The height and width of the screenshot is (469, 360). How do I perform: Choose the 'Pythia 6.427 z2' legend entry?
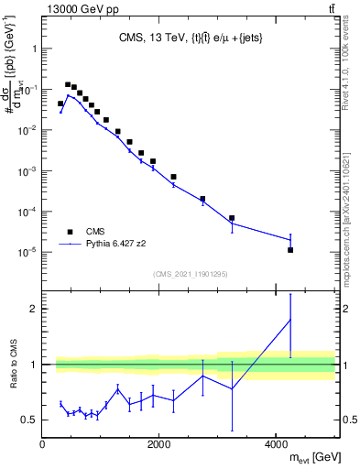coord(102,245)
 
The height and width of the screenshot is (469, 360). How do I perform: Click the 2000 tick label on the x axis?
coord(159,443)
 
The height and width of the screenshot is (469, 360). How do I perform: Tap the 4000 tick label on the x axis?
coord(277,443)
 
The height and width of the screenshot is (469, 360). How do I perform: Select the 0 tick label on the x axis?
coord(42,443)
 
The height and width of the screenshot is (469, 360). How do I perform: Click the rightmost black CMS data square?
coord(290,250)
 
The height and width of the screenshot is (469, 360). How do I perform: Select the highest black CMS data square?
coord(68,84)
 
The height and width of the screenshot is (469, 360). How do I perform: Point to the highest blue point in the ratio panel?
coord(290,319)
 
